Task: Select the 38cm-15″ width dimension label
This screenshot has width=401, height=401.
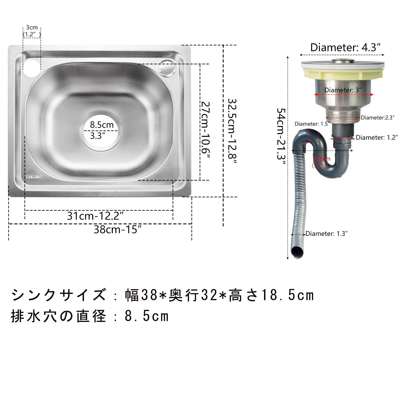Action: [118, 229]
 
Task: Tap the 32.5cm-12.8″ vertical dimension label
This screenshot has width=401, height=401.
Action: [232, 130]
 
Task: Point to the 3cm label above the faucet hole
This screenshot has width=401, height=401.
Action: [32, 28]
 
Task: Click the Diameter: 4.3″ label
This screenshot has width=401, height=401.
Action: [345, 47]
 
